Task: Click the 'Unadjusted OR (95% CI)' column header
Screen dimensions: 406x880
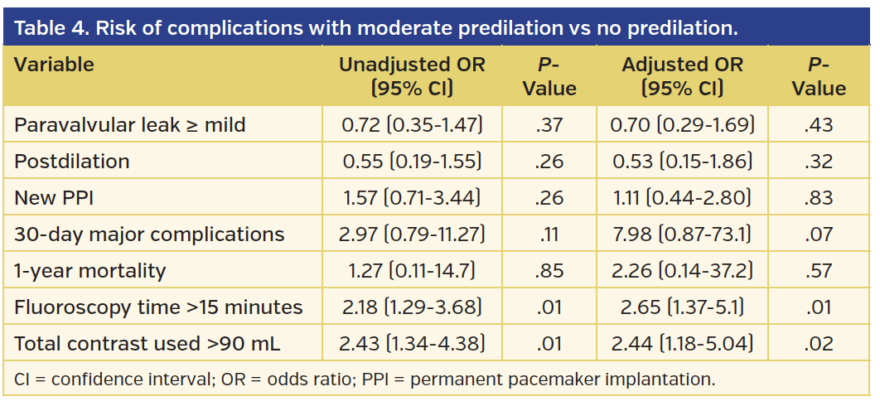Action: [x=412, y=76]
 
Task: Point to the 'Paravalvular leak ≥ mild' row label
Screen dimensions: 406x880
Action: [x=129, y=125]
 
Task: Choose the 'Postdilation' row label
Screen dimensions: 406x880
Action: [x=72, y=162]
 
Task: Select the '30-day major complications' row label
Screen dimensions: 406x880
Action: [x=149, y=234]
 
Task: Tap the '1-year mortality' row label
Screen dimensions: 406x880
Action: [x=90, y=271]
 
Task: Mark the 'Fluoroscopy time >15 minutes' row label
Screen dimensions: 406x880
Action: [x=158, y=308]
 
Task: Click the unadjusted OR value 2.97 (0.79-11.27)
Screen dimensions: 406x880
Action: [x=412, y=234]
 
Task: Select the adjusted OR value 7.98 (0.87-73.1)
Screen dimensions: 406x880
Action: [x=682, y=234]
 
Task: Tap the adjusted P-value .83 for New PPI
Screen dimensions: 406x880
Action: [x=819, y=198]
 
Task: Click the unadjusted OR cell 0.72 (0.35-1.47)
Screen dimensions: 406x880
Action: [x=412, y=125]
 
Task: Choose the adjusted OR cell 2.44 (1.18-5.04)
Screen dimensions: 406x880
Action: [x=682, y=344]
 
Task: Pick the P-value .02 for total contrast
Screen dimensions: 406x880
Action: [x=819, y=344]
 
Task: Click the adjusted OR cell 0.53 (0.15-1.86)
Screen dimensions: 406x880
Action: [x=682, y=162]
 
